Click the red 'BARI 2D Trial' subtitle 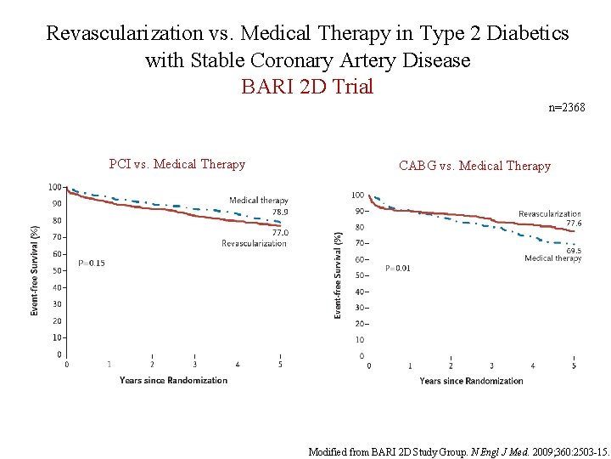coord(307,87)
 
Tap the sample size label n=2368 coord(567,107)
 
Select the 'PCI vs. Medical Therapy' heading coord(177,164)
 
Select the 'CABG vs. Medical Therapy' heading coord(474,166)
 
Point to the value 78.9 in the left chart coord(279,212)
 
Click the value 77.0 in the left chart coord(279,232)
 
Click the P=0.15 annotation coord(92,263)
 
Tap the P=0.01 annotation coord(397,268)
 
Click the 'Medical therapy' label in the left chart coord(258,201)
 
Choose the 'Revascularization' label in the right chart coord(550,213)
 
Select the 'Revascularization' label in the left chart coord(254,243)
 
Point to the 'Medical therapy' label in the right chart coord(552,258)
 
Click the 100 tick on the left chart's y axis coord(54,187)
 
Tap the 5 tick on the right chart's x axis coord(574,365)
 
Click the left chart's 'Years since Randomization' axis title coord(173,380)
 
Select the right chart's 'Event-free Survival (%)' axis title coord(338,275)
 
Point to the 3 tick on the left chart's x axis coord(194,365)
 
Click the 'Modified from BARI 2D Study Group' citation coord(458,451)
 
